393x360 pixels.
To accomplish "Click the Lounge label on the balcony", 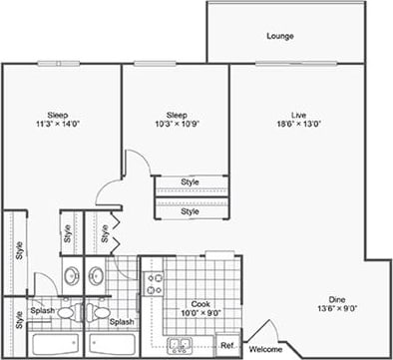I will [x=279, y=37].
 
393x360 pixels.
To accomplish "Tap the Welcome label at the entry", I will [x=265, y=349].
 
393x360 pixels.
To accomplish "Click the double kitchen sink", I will [x=181, y=346].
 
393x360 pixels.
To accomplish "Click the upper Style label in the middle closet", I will [x=190, y=182].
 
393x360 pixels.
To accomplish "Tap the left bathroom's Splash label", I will [x=42, y=310].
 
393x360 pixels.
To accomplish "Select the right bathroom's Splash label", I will [x=122, y=322].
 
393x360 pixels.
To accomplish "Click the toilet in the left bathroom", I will [x=66, y=312].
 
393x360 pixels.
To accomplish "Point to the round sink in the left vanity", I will [x=71, y=276].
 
